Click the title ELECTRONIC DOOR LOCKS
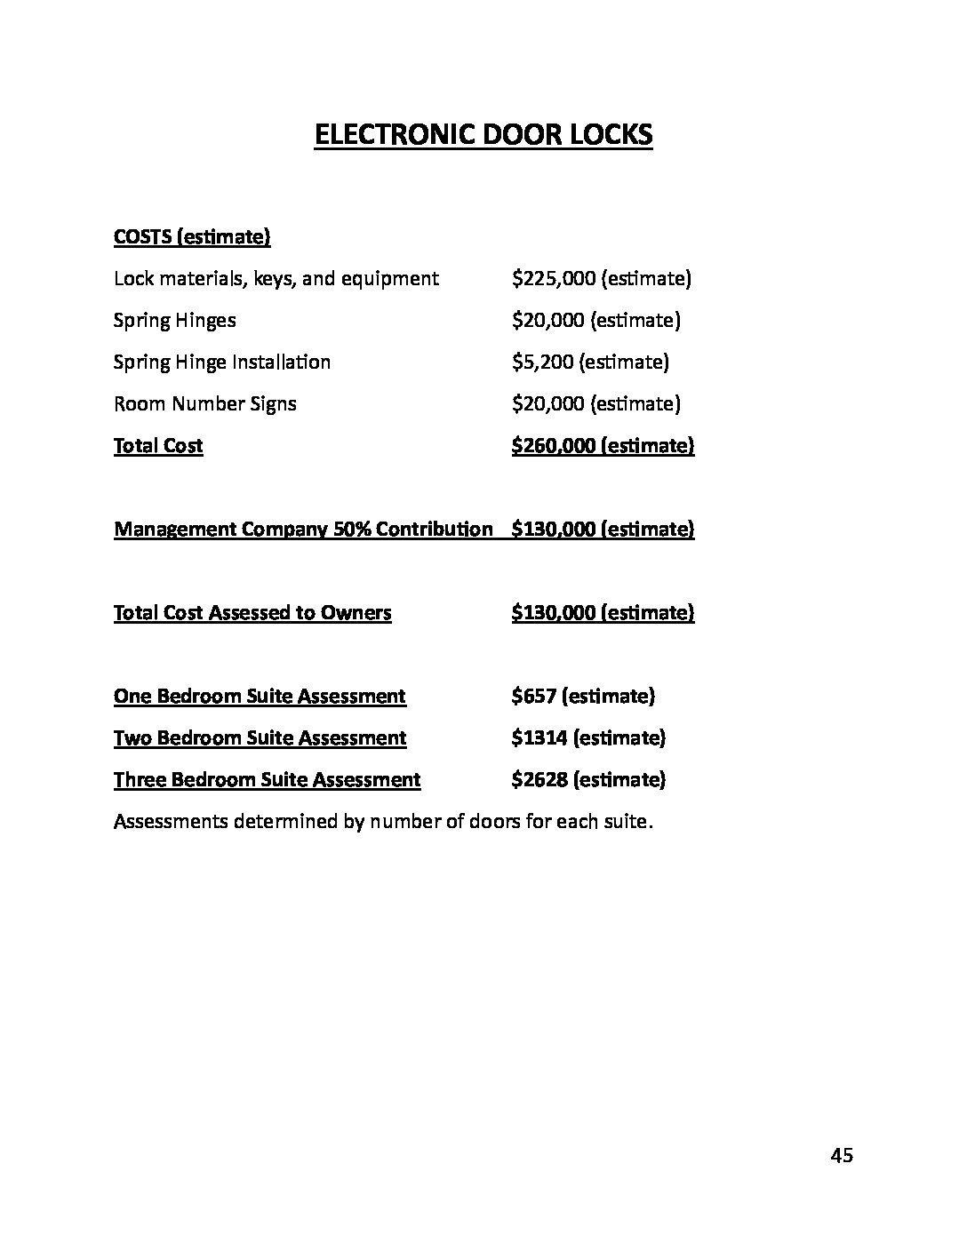(483, 135)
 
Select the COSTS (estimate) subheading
(192, 237)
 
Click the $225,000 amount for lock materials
(554, 279)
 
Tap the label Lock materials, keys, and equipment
(276, 279)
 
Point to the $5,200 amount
(543, 363)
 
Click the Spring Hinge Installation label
(222, 363)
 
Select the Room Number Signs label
(204, 404)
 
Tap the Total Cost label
(158, 446)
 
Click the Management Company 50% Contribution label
(303, 530)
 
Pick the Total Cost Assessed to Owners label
(252, 613)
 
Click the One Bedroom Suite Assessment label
(260, 697)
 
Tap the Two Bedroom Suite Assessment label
(260, 738)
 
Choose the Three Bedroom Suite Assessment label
(267, 780)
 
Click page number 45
(842, 1155)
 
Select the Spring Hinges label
(174, 321)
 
